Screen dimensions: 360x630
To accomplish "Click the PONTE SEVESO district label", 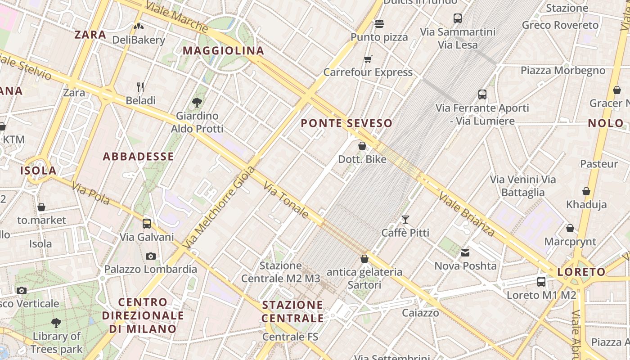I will pos(346,123).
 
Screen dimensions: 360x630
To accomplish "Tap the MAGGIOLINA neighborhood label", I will pos(223,50).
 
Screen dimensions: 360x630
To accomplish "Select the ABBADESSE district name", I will pos(138,156).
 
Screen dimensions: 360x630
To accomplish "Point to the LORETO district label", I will pos(581,272).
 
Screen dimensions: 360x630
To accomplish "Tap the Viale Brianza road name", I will pos(467,214).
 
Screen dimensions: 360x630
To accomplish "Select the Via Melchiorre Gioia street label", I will pos(220,207).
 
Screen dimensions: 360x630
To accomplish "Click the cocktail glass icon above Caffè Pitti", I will pos(405,219).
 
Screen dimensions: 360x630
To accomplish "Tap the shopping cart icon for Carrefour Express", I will pos(368,59).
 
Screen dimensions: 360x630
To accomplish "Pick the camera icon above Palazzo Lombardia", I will pos(151,256).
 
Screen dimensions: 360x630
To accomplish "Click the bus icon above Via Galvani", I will pos(147,223).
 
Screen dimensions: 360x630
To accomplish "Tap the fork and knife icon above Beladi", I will pos(140,87).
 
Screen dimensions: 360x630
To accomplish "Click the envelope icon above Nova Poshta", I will pos(465,253).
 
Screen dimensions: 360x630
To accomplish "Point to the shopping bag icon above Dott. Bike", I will pos(362,146).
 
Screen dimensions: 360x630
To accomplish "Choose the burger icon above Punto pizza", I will pos(379,23).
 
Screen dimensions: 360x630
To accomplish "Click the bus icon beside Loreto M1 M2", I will pos(541,282).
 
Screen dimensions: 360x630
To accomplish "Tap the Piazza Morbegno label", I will pos(563,70).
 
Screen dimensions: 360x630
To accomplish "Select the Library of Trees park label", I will pos(57,342).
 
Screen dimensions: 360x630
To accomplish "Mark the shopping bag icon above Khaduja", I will pos(586,191).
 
